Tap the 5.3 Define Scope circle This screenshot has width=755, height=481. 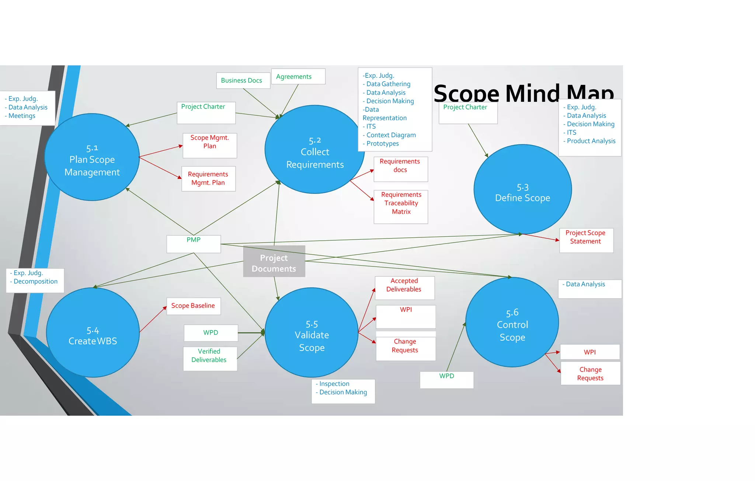point(522,189)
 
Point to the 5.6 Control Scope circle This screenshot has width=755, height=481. point(512,322)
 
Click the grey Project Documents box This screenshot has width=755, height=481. point(274,261)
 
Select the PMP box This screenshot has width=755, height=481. point(194,244)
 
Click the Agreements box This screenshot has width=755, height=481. point(298,77)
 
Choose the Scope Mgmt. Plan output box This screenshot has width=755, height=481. point(210,145)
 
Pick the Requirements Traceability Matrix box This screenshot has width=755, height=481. point(401,206)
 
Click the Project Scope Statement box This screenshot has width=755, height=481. point(586,240)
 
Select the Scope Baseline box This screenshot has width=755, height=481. point(194,306)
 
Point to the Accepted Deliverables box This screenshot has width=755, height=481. point(404,287)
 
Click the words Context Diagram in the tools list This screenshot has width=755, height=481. point(391,135)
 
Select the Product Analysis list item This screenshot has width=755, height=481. point(591,141)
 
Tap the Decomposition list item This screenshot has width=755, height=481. point(35,282)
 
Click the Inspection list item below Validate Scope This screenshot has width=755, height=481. point(334,384)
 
